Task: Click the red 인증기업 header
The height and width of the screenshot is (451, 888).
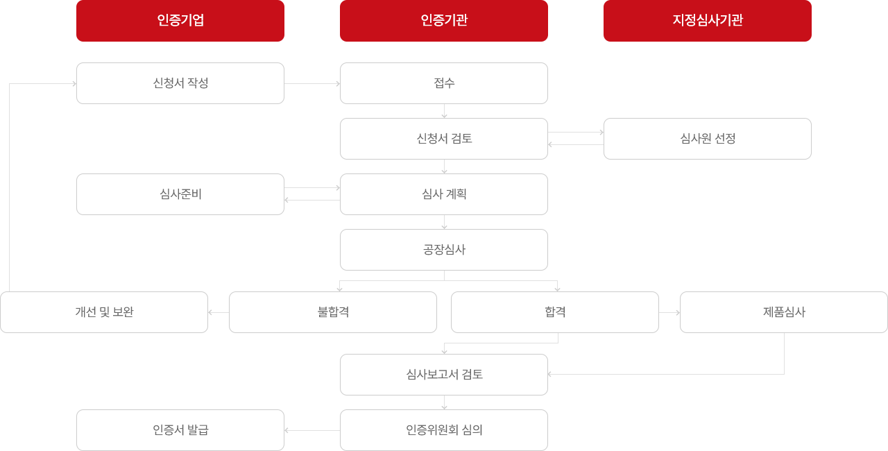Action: coord(180,21)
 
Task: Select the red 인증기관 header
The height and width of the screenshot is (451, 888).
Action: coord(444,21)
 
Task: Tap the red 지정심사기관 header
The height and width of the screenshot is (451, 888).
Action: coord(708,21)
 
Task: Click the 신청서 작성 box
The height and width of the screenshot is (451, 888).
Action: coord(180,83)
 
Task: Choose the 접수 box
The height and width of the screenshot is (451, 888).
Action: coord(444,83)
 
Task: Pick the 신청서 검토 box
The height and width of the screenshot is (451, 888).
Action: coord(444,139)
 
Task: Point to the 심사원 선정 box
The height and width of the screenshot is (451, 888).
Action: coord(708,139)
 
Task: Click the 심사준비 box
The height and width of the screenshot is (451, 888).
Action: coord(180,194)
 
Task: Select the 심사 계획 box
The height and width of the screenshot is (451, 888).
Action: coord(444,194)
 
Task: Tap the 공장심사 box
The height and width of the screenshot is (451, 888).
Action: coord(444,250)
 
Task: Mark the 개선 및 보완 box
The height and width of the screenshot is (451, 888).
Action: coord(104,312)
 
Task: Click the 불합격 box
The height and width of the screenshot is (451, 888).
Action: coord(333,312)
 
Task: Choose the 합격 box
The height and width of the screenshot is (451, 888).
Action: coord(555,312)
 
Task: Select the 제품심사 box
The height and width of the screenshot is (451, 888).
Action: coord(784,312)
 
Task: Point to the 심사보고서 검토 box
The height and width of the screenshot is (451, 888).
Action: coord(444,375)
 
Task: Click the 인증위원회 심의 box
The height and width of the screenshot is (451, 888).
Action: coord(444,430)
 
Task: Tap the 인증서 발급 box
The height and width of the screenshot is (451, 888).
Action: coord(180,430)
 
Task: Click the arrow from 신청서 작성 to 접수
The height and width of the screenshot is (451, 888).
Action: coord(312,84)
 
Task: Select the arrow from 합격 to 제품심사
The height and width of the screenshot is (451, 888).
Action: coord(669,313)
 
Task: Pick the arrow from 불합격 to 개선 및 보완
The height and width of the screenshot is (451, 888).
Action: coord(219,313)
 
